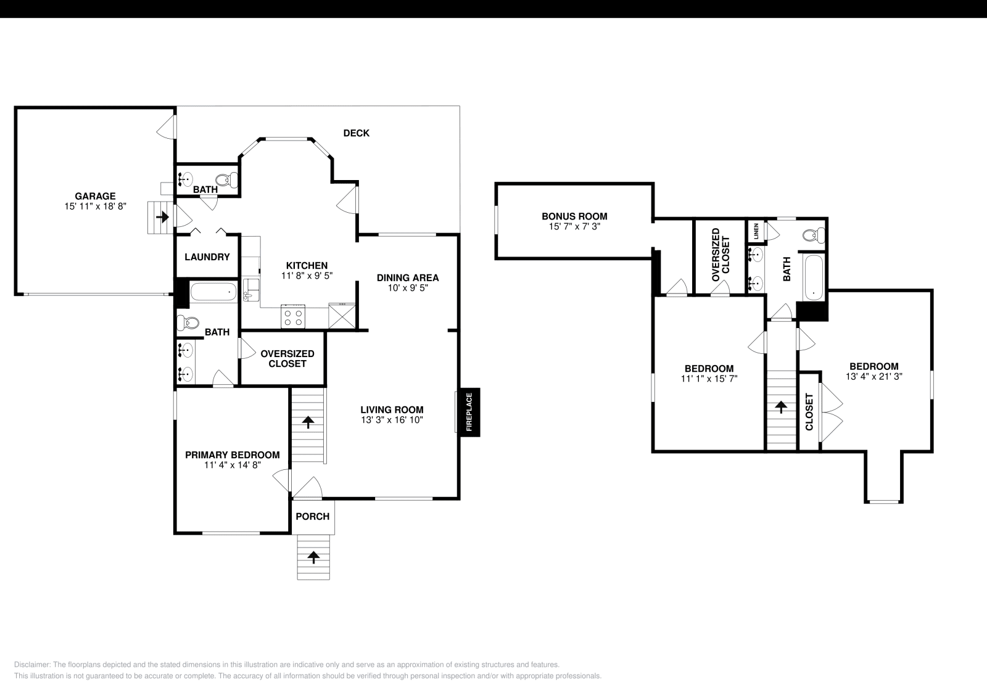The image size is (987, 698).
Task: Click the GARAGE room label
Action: click(95, 197)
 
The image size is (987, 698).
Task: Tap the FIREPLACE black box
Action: click(468, 413)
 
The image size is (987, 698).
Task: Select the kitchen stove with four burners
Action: click(292, 316)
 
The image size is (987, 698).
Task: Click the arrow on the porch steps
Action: click(314, 557)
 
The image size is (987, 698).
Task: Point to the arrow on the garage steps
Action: click(162, 217)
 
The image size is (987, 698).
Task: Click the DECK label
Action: click(356, 133)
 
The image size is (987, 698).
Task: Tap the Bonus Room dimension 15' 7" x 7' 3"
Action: click(574, 226)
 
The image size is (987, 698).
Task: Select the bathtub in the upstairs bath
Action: click(813, 277)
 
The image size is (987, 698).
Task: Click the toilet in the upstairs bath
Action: click(815, 235)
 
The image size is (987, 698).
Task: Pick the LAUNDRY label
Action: click(207, 257)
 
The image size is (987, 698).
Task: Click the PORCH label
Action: click(313, 517)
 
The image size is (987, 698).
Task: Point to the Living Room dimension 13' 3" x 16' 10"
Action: click(392, 420)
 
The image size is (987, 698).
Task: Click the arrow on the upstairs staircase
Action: click(781, 407)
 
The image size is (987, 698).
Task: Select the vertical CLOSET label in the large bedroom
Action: click(809, 411)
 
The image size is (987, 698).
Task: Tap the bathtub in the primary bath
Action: click(213, 292)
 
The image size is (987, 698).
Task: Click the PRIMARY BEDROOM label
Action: click(233, 455)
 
